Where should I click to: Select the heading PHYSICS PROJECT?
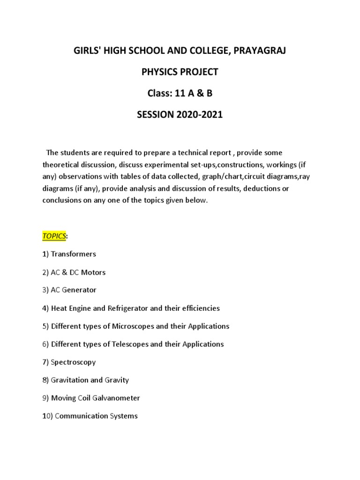click(180, 72)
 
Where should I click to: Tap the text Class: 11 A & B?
click(180, 93)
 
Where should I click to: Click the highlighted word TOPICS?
click(54, 236)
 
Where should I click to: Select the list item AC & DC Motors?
click(78, 272)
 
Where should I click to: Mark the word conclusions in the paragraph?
click(63, 201)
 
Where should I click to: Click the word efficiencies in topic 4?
click(196, 308)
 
